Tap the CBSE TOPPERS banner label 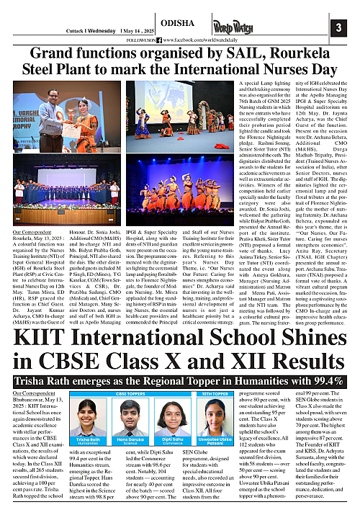132,395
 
